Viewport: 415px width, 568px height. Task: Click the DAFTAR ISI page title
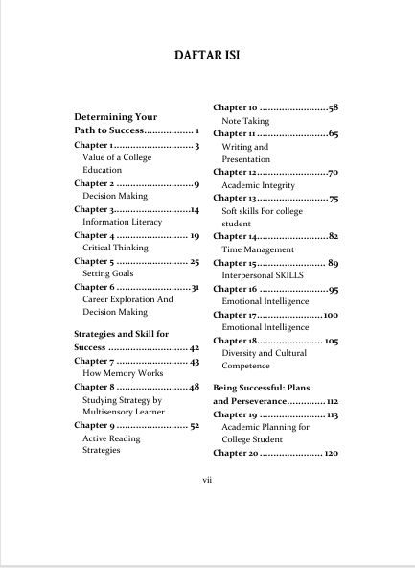click(207, 55)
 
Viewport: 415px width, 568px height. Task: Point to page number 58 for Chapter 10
click(334, 108)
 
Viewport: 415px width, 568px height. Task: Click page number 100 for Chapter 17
click(331, 314)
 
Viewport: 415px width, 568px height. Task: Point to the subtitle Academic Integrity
click(262, 184)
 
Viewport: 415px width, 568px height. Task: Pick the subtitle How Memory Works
click(124, 373)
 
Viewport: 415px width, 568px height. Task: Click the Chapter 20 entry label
click(236, 452)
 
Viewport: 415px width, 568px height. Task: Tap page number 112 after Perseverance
click(333, 401)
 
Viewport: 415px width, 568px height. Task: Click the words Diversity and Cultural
click(267, 350)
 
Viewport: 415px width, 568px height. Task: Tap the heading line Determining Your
click(115, 116)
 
